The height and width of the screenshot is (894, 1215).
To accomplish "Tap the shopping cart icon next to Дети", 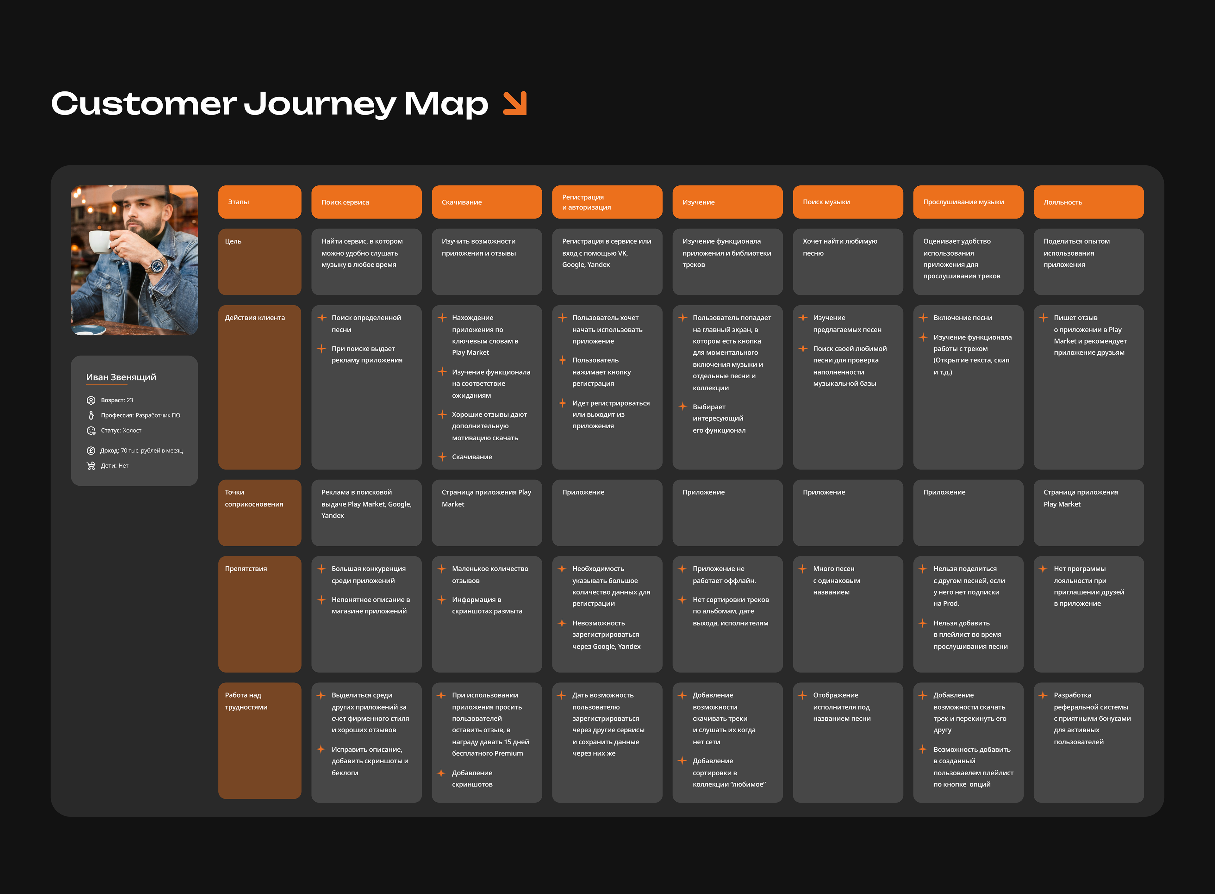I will click(91, 465).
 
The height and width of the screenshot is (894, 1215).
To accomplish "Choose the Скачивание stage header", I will click(487, 202).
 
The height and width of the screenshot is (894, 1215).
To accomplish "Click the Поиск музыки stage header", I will click(848, 202).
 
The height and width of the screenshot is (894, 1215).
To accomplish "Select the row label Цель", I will click(233, 241).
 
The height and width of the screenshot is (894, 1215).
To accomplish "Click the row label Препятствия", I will click(246, 569).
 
